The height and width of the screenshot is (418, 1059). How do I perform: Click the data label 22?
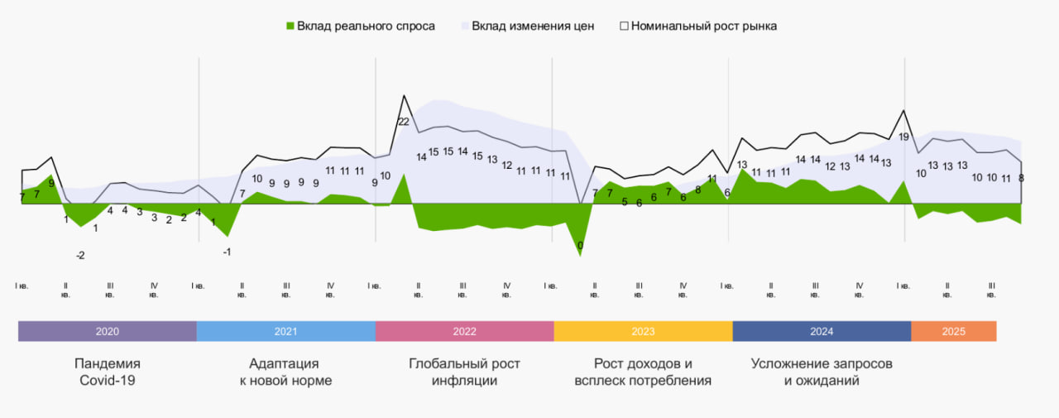click(404, 122)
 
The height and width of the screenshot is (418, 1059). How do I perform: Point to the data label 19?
click(904, 137)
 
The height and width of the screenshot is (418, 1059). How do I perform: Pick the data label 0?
click(580, 246)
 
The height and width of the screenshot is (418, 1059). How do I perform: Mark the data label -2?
click(80, 256)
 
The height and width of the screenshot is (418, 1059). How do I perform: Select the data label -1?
click(227, 252)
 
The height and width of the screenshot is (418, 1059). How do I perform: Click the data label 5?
click(625, 201)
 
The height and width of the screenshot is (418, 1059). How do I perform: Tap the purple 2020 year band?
click(108, 331)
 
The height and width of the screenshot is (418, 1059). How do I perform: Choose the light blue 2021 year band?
click(285, 331)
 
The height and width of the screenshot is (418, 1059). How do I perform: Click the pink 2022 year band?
click(464, 331)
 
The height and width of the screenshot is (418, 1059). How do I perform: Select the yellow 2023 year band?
click(643, 331)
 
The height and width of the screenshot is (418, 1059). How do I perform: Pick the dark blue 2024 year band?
click(822, 331)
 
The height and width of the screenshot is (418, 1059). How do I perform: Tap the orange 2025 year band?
click(953, 331)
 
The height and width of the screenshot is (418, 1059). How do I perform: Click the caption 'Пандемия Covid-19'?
click(108, 372)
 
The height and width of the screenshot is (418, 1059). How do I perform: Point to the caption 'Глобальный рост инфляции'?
click(464, 372)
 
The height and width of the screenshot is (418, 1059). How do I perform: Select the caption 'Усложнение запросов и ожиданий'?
click(822, 372)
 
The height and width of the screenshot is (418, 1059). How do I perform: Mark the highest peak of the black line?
click(404, 95)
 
